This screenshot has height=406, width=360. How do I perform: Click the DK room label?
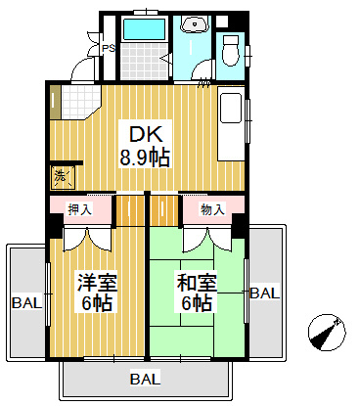click(146, 134)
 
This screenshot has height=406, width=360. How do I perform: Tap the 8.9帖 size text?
click(145, 158)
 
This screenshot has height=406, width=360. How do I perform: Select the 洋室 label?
click(97, 282)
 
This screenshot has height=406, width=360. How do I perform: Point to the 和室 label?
click(197, 282)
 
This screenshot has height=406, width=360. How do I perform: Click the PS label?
click(109, 49)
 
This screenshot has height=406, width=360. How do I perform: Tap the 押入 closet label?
click(79, 209)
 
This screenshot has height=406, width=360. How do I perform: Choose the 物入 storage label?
click(212, 209)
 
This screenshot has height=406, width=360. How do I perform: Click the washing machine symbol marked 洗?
click(63, 177)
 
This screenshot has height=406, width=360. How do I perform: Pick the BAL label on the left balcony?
click(27, 303)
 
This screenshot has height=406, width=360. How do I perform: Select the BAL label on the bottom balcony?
click(146, 379)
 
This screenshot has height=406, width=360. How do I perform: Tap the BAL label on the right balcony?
click(264, 293)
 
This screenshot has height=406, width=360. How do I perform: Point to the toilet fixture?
click(231, 50)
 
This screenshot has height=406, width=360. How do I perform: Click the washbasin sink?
click(195, 24)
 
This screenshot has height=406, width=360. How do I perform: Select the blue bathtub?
click(144, 29)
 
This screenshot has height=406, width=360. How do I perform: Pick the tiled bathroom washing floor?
click(144, 61)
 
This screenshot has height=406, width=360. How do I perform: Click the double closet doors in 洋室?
click(87, 240)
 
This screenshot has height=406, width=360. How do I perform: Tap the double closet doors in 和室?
click(207, 240)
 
